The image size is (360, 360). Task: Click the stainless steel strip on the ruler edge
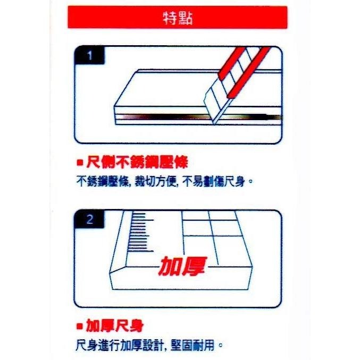(x=160, y=116)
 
